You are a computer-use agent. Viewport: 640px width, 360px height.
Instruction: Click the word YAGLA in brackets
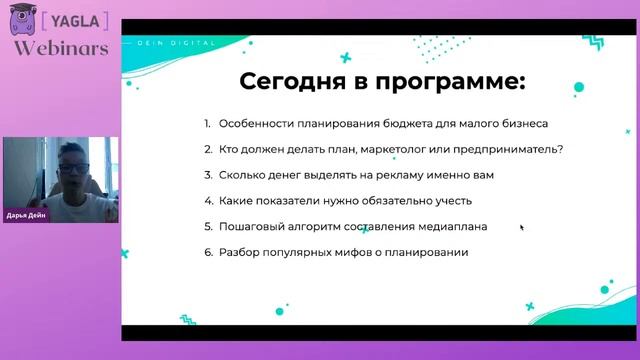pos(71,20)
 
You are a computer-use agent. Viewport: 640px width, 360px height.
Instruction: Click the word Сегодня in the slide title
pos(277,81)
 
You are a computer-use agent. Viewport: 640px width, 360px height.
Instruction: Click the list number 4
pos(207,201)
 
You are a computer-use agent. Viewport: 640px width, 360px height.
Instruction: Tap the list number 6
pos(207,252)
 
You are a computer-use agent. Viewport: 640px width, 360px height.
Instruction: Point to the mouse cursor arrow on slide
pos(521,227)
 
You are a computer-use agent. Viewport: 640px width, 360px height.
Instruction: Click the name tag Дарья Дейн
pos(27,215)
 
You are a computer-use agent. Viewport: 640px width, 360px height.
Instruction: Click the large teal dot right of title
pos(579,87)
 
